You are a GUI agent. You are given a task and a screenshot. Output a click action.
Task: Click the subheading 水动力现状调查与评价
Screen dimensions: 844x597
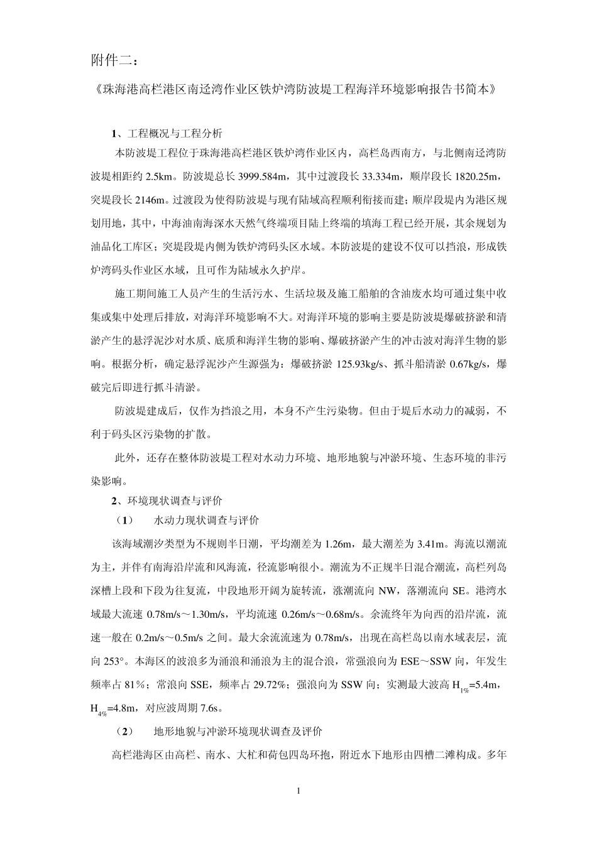(x=206, y=521)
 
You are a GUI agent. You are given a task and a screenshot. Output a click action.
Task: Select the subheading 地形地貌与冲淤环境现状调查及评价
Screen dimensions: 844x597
(x=238, y=731)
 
